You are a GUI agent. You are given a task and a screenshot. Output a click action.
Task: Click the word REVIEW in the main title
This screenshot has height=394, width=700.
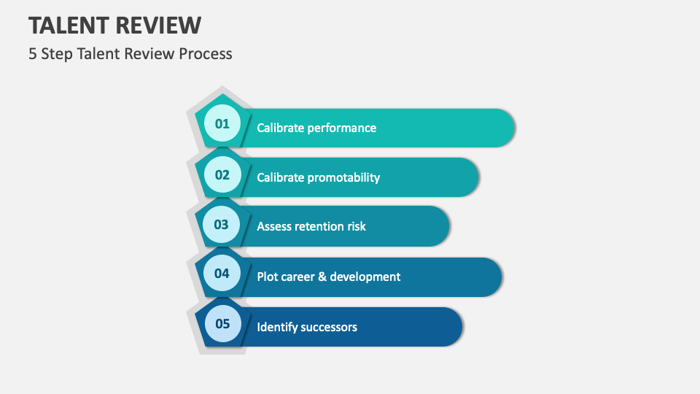point(158,25)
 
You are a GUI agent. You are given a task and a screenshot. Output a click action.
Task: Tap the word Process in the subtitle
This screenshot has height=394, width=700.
point(206,53)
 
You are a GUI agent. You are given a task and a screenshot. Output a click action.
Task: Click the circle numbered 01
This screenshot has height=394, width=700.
point(222,123)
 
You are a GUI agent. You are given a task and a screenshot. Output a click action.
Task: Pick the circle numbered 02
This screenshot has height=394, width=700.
point(222,174)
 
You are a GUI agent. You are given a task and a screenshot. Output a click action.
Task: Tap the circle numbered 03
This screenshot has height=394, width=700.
point(222,224)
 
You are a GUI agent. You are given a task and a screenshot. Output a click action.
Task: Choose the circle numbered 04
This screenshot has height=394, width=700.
point(222,274)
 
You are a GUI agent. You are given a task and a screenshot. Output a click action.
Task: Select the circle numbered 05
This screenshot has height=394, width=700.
point(222,324)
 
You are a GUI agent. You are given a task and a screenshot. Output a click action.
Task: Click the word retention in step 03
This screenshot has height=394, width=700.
point(319,226)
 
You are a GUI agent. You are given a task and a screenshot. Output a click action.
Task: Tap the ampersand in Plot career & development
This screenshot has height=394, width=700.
point(322,277)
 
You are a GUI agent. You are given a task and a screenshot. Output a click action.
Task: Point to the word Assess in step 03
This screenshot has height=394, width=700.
point(273,226)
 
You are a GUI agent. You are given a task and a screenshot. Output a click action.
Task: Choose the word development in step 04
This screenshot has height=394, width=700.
point(365,277)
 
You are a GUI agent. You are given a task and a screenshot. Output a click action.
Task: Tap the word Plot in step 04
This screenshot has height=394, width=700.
point(268,277)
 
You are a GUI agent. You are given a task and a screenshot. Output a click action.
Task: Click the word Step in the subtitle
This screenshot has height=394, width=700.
point(55,53)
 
